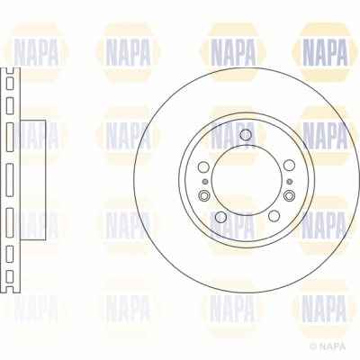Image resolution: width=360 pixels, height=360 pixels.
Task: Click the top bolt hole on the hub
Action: coord(245,135)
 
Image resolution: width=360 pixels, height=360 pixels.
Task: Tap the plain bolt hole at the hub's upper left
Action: coord(202,168)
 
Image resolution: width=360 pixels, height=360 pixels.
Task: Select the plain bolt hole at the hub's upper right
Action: coord(286,168)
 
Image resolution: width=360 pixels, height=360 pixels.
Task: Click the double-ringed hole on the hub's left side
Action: coord(203,195)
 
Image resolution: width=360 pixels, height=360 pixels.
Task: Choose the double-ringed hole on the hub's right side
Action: coord(288,195)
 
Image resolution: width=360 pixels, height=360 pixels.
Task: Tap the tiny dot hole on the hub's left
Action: coord(202,183)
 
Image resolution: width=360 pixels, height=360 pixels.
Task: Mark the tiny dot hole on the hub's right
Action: coord(289,183)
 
